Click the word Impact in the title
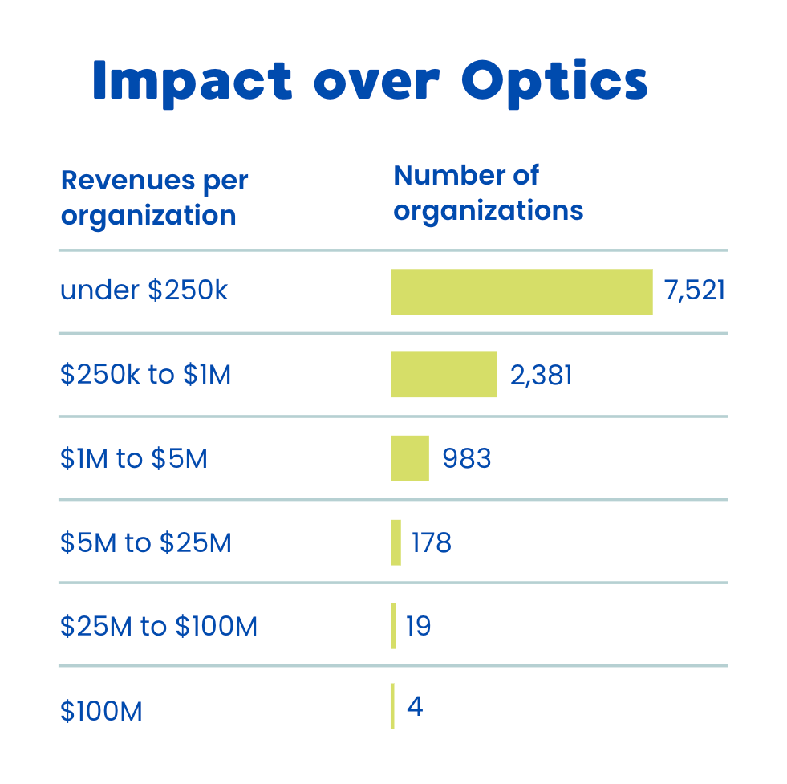pyautogui.click(x=192, y=81)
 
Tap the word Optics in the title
pyautogui.click(x=554, y=81)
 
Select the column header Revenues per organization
pyautogui.click(x=154, y=198)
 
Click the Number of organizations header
pyautogui.click(x=488, y=193)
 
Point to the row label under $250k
pyautogui.click(x=144, y=290)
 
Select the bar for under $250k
pyautogui.click(x=521, y=291)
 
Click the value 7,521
pyautogui.click(x=695, y=290)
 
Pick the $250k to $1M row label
pyautogui.click(x=146, y=374)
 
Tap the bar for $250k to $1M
pyautogui.click(x=444, y=375)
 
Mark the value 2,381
pyautogui.click(x=542, y=374)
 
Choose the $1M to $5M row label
pyautogui.click(x=134, y=459)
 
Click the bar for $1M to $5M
pyautogui.click(x=410, y=458)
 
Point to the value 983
pyautogui.click(x=467, y=458)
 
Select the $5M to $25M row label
pyautogui.click(x=146, y=543)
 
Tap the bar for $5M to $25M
pyautogui.click(x=396, y=542)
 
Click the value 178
pyautogui.click(x=432, y=543)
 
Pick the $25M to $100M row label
pyautogui.click(x=159, y=627)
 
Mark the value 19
pyautogui.click(x=419, y=626)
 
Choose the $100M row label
pyautogui.click(x=101, y=711)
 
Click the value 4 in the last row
pyautogui.click(x=415, y=707)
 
